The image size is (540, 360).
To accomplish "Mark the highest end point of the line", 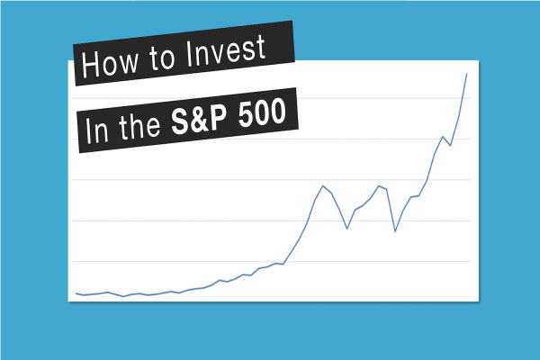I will click(466, 74).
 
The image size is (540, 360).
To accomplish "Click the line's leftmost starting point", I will click(76, 293).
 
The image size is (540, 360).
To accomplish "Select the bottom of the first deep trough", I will click(347, 229).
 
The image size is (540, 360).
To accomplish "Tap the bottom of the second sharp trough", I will click(395, 231).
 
